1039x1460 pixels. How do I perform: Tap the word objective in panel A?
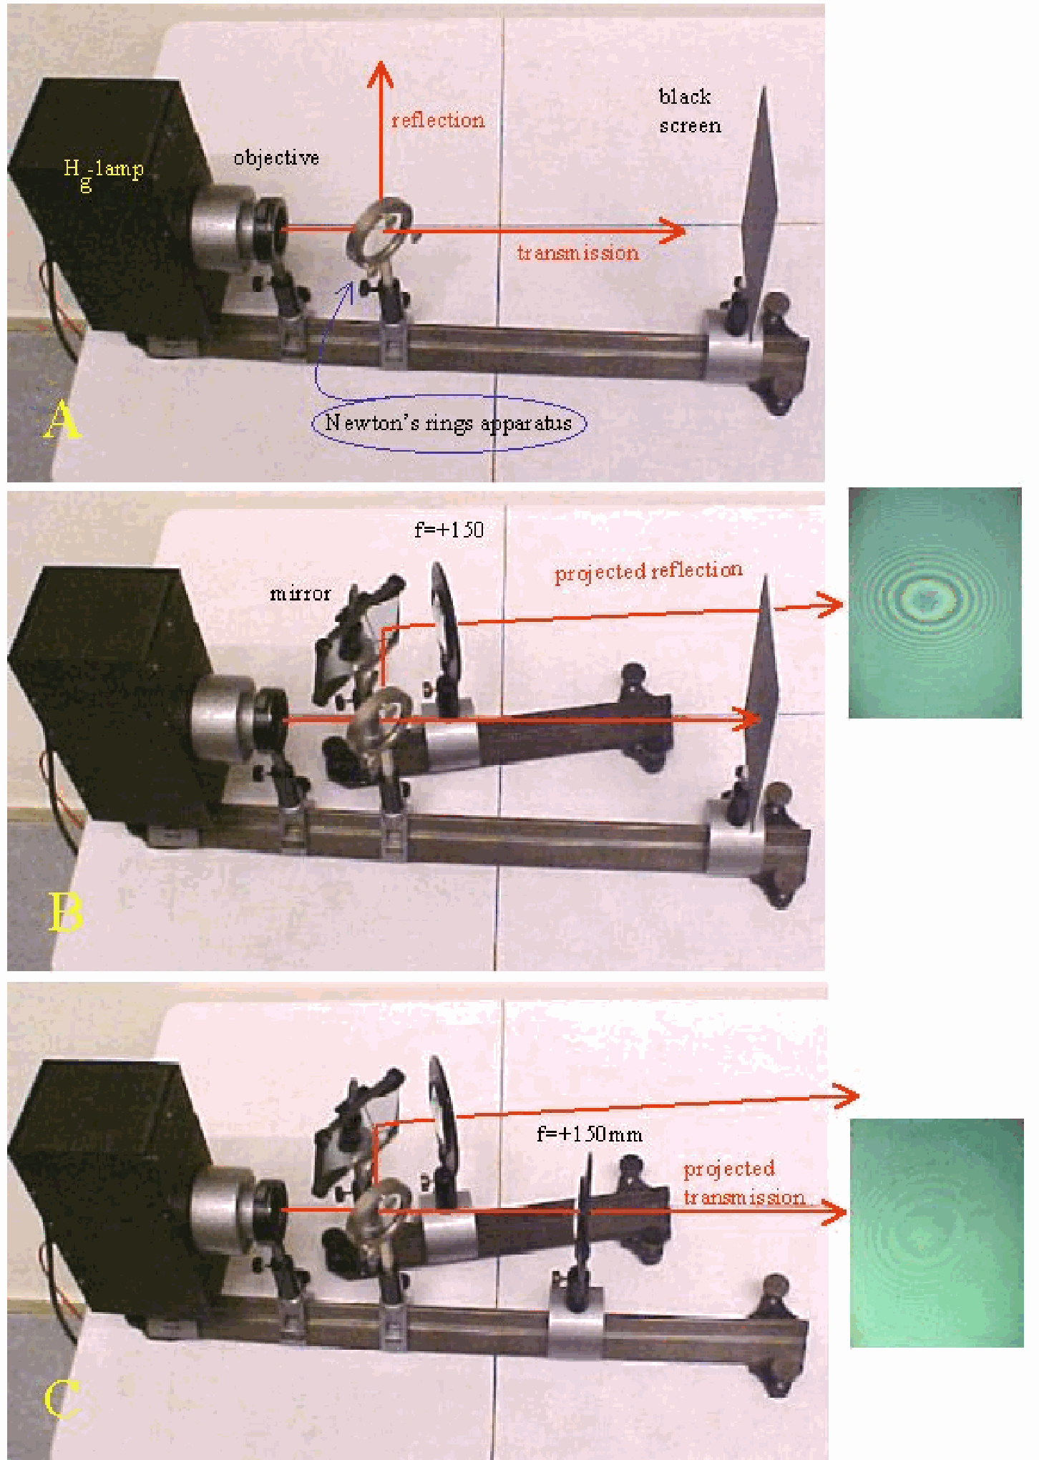coord(276,158)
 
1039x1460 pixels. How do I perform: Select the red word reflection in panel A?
coord(438,120)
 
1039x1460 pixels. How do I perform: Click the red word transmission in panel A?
coord(577,253)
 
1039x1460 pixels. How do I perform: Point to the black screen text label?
coord(689,111)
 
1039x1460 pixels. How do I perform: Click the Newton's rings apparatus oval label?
coord(449,422)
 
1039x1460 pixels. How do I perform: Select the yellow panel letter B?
coord(65,912)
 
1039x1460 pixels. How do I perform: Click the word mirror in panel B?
coord(300,593)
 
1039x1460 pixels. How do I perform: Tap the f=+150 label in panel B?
coord(449,530)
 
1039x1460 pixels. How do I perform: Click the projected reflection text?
coord(648,571)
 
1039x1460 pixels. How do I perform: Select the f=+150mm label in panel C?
coord(590,1134)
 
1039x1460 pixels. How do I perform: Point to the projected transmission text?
coord(744,1183)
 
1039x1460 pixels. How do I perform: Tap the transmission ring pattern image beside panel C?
coord(937,1234)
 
